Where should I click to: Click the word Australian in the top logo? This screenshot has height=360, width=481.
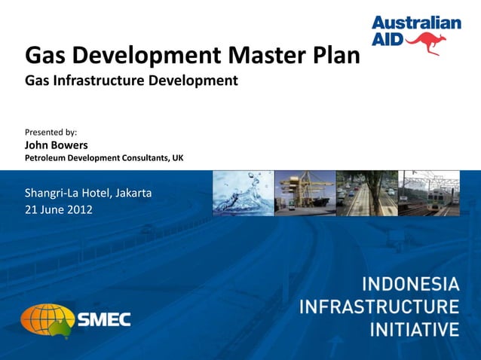pyautogui.click(x=416, y=23)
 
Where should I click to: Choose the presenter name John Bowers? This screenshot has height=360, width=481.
pyautogui.click(x=57, y=145)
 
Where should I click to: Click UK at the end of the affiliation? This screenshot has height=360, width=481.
pyautogui.click(x=177, y=158)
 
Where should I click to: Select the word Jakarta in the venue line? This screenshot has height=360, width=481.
pyautogui.click(x=132, y=193)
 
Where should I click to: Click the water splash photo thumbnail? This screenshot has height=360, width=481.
pyautogui.click(x=243, y=193)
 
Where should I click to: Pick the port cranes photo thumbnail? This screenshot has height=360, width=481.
pyautogui.click(x=305, y=193)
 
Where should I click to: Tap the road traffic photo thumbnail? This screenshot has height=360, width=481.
pyautogui.click(x=366, y=193)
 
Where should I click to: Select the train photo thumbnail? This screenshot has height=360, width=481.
pyautogui.click(x=428, y=193)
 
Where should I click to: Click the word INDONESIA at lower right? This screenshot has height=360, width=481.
pyautogui.click(x=411, y=285)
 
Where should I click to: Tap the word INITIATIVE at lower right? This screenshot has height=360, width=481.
pyautogui.click(x=414, y=329)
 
